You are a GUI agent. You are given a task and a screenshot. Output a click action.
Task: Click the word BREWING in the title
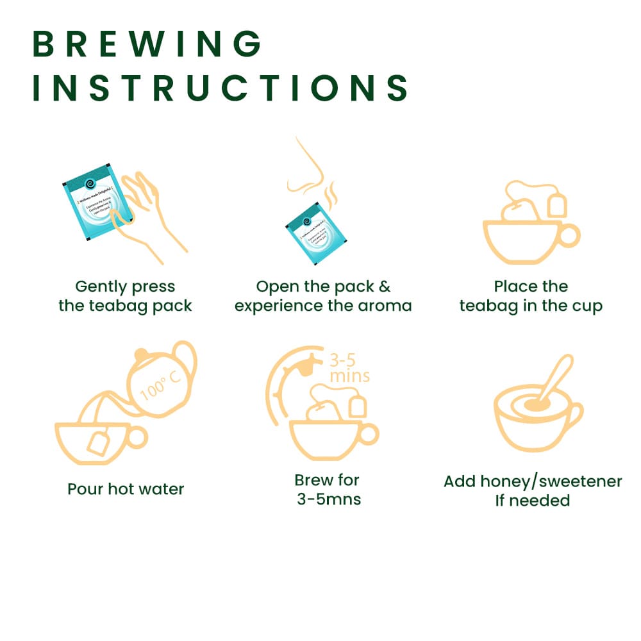click(147, 44)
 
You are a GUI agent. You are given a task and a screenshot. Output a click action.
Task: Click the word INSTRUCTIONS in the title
click(221, 88)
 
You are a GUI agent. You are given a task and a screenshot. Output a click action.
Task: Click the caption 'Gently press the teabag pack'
click(125, 296)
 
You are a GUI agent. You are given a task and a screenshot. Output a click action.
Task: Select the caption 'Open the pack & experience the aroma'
click(323, 296)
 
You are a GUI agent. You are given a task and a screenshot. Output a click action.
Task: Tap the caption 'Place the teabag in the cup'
click(531, 296)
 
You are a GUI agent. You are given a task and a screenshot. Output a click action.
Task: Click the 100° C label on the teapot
click(161, 383)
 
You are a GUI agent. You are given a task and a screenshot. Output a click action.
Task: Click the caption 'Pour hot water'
click(126, 489)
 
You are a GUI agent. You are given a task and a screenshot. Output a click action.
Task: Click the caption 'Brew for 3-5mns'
click(328, 489)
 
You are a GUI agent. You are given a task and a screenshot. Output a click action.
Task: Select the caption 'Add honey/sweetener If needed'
click(532, 490)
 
